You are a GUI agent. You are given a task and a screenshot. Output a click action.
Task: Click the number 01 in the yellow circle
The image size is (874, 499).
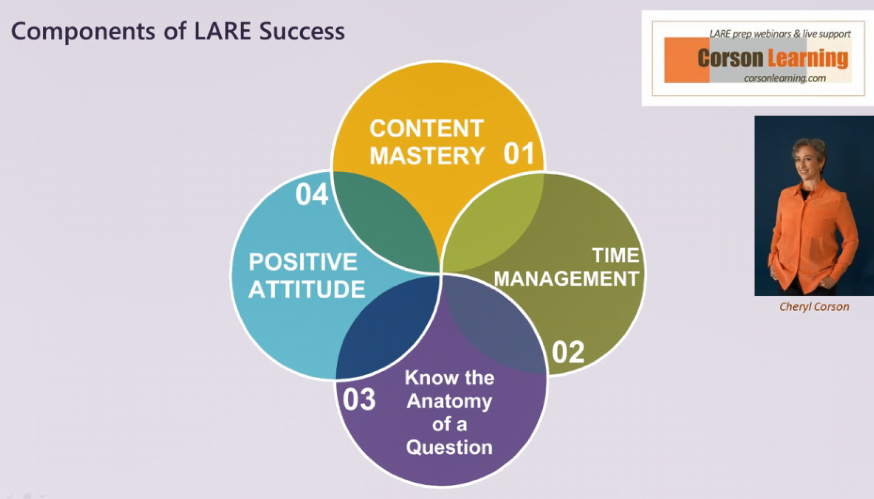pos(519,153)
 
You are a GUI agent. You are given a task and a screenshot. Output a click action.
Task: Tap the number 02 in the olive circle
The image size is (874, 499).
pos(568,352)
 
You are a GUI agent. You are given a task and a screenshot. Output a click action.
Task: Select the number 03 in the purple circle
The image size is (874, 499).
pos(359,399)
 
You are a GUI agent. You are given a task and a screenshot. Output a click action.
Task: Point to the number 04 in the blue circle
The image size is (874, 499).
pos(312,194)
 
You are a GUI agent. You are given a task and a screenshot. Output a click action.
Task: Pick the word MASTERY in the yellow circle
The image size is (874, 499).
pos(427,156)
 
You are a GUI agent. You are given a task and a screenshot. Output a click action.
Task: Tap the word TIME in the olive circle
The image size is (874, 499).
pos(615,255)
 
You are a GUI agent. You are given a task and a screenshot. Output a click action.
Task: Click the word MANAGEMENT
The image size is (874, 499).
pos(566,279)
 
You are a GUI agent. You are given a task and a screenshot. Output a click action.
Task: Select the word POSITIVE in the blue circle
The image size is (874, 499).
pos(303,262)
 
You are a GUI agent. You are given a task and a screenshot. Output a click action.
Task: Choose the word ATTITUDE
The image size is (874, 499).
pos(307,289)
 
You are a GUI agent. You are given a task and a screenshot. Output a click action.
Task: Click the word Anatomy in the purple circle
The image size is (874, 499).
pos(449,401)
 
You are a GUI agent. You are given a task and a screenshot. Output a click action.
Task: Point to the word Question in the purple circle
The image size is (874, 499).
pos(449,447)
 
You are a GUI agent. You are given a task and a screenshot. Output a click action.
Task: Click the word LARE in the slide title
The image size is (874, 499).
pos(223,31)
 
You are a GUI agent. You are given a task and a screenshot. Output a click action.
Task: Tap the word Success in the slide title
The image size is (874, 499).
pos(302,31)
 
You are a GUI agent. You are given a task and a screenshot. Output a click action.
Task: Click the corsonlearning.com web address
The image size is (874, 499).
pos(785,78)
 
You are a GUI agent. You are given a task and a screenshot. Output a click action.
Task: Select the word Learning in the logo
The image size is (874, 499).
pos(808,59)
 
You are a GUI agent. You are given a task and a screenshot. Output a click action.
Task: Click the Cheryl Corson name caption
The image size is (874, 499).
pos(814,307)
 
